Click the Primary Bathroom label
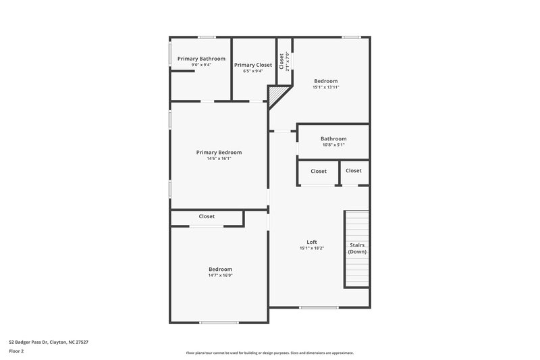pos(201,59)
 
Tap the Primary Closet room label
pos(253,65)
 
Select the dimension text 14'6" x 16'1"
pos(219,159)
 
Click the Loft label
pos(312,242)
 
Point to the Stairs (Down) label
pos(357,248)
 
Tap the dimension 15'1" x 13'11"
pos(325,87)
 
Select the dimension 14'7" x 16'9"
pos(220,275)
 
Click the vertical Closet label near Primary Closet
pos(281,61)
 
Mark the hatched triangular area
pos(275,95)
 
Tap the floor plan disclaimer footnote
pos(270,353)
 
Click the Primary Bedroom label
pos(219,152)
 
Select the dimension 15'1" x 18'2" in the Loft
pos(312,249)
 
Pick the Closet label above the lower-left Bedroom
pos(207,216)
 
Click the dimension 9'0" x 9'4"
pos(201,65)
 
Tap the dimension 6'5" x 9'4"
pos(253,71)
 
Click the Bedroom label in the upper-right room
pos(325,81)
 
